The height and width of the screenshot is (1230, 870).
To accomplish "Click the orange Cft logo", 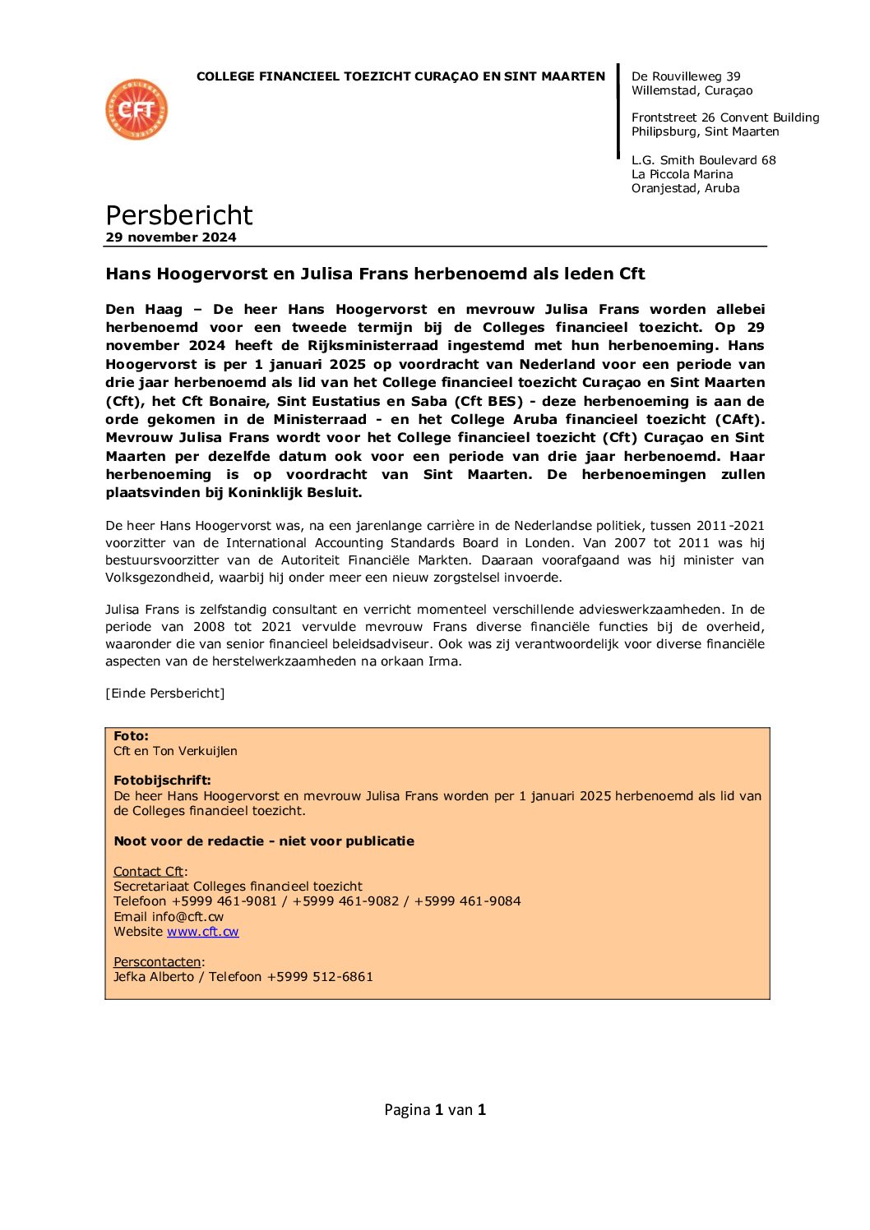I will pyautogui.click(x=137, y=109).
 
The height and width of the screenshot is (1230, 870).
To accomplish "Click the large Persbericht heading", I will pyautogui.click(x=178, y=214).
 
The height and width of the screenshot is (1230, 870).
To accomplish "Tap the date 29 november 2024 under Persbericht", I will pyautogui.click(x=171, y=237).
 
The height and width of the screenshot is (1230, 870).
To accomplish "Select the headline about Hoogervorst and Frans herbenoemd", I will pyautogui.click(x=375, y=274).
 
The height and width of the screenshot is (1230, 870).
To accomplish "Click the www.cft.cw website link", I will pyautogui.click(x=202, y=932).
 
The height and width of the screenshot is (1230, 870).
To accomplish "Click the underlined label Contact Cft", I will pyautogui.click(x=148, y=872).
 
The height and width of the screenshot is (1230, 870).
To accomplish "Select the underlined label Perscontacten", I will pyautogui.click(x=157, y=962).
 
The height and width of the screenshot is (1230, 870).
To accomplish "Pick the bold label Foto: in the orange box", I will pyautogui.click(x=131, y=736).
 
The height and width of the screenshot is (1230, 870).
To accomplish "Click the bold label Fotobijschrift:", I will pyautogui.click(x=162, y=781).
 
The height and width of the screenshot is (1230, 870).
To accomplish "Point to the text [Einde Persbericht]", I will pyautogui.click(x=164, y=693).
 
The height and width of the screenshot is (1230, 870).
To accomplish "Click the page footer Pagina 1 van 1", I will pyautogui.click(x=435, y=1110).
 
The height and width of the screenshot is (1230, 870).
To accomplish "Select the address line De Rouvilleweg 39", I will pyautogui.click(x=686, y=76).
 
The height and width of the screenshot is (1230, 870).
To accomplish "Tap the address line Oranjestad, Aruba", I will pyautogui.click(x=685, y=188).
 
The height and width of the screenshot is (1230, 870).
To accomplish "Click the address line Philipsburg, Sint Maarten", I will pyautogui.click(x=705, y=131).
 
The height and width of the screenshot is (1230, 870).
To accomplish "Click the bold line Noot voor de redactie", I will pyautogui.click(x=264, y=841).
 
